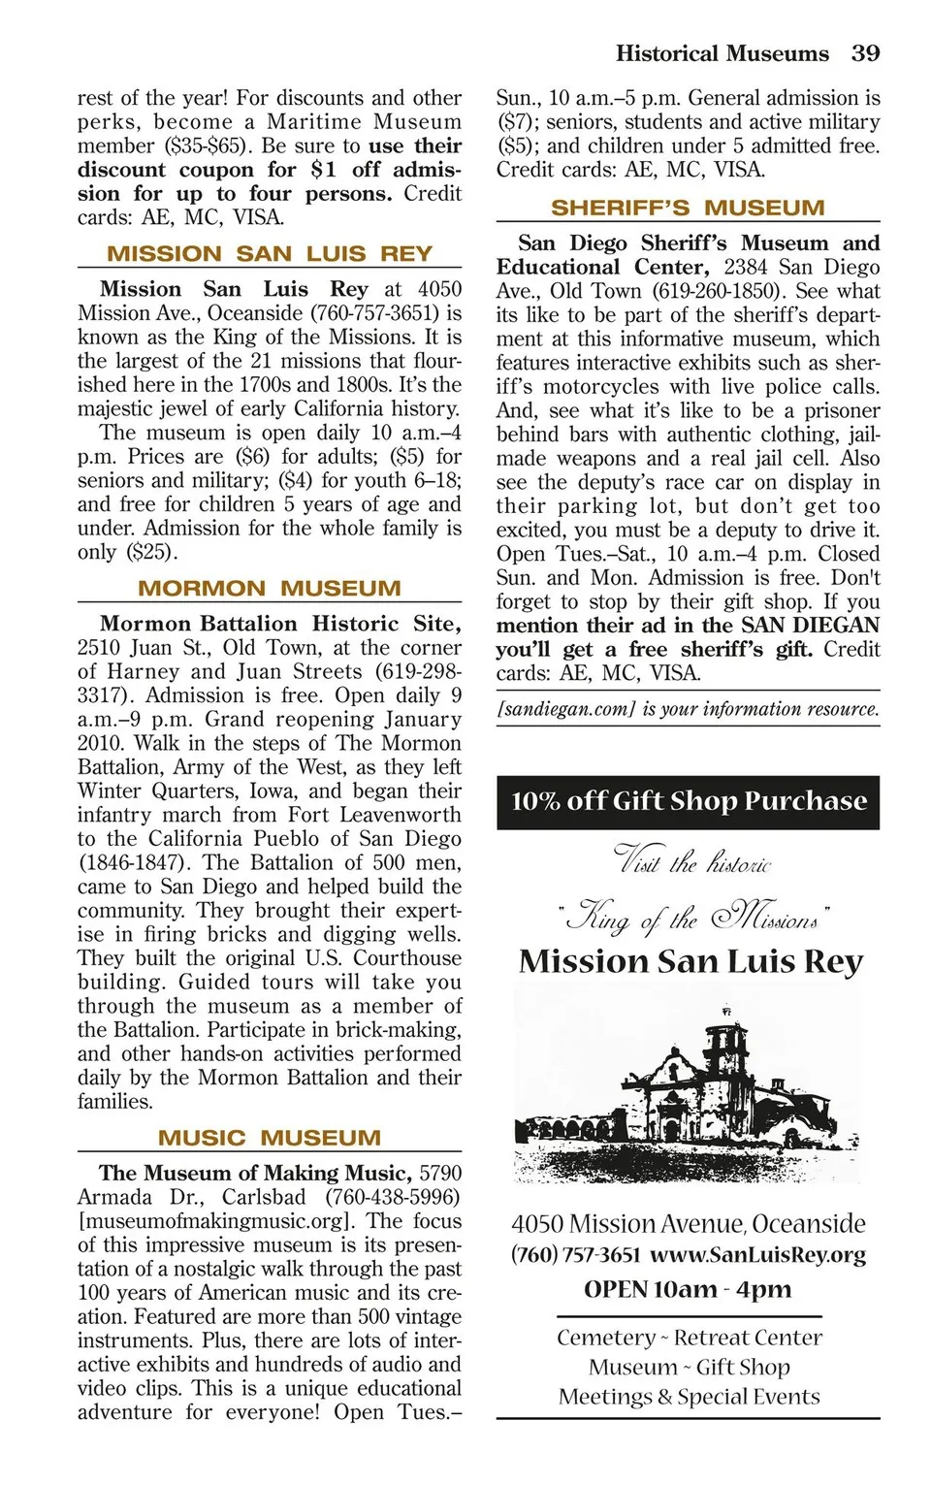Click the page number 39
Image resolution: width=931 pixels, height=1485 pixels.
point(865,53)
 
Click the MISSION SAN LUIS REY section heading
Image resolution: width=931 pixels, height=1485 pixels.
point(270,254)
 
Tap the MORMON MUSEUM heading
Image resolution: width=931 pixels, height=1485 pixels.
point(270,589)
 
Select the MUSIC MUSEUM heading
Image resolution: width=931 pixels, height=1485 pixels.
point(270,1138)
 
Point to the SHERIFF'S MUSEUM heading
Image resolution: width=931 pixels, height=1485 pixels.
point(688,209)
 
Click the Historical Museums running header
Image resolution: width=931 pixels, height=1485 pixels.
point(722,53)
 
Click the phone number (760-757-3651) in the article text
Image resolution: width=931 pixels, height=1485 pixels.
point(375,313)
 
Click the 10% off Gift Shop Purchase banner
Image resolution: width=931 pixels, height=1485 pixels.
point(688,801)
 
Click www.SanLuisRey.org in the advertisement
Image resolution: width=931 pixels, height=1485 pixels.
point(757,1255)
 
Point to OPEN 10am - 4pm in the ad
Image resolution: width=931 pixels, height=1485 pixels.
point(688,1289)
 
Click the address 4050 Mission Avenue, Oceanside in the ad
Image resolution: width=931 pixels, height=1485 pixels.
point(688,1224)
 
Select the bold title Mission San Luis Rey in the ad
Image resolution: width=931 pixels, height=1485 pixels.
point(690,961)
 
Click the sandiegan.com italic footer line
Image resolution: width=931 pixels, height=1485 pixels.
point(688,709)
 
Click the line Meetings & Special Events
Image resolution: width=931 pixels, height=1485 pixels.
point(689,1397)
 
